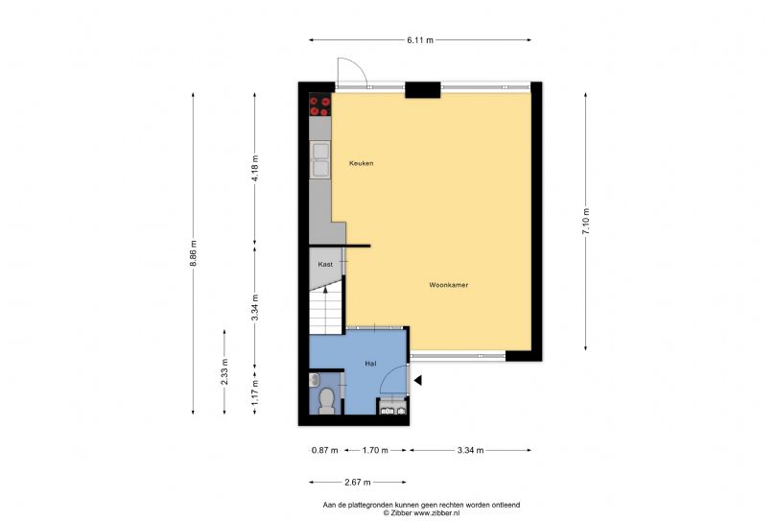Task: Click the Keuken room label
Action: [x=361, y=163]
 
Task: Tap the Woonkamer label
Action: [x=448, y=285]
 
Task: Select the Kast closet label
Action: [x=325, y=263]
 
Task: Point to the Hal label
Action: [x=370, y=364]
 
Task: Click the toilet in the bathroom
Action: [x=325, y=400]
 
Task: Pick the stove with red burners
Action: [x=319, y=105]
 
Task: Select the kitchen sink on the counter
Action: [x=319, y=158]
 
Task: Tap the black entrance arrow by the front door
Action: [x=417, y=381]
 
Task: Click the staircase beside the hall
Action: [x=325, y=310]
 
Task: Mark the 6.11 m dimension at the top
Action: [x=420, y=39]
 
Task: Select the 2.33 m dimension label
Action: [x=224, y=371]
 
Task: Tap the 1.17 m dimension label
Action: [x=254, y=396]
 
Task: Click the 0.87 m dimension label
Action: [x=324, y=450]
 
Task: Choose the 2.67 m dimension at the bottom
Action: [x=357, y=482]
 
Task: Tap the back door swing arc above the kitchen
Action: [x=350, y=70]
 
